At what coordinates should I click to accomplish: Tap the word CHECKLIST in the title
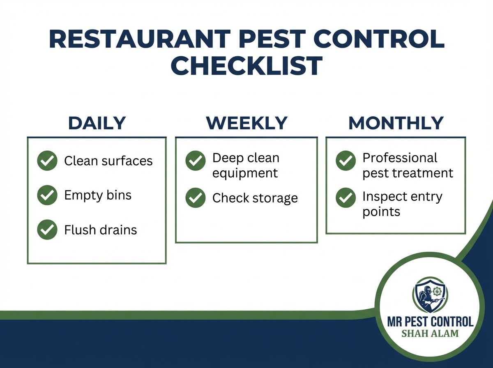[246, 66]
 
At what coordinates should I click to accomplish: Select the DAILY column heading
[97, 123]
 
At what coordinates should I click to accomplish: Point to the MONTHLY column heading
[396, 123]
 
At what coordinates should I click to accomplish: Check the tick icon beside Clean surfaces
[47, 161]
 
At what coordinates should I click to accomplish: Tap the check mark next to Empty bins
[47, 195]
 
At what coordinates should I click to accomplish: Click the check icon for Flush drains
[47, 230]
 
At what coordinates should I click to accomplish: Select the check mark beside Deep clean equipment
[196, 161]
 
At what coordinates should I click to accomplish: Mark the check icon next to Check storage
[196, 198]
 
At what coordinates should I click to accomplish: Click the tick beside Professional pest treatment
[346, 161]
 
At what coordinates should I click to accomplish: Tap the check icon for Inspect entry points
[346, 198]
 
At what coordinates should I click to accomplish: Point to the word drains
[119, 230]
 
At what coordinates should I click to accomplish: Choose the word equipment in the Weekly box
[245, 173]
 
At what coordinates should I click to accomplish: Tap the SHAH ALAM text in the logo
[430, 333]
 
